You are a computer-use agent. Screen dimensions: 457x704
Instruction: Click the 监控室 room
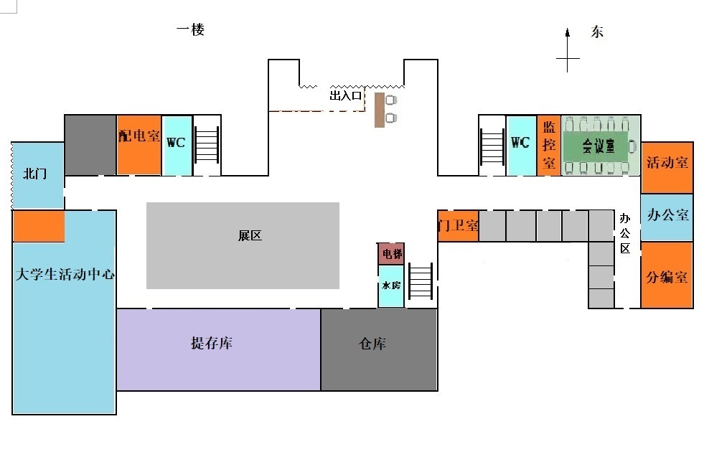[549, 145]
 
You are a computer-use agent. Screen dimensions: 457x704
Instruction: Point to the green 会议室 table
[598, 146]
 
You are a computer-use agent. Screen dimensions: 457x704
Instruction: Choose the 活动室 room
[667, 162]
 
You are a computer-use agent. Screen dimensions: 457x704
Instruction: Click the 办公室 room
[667, 215]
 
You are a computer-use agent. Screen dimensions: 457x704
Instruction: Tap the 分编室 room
[667, 276]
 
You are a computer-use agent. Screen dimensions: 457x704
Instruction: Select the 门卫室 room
[458, 225]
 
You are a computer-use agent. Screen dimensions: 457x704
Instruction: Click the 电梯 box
[392, 254]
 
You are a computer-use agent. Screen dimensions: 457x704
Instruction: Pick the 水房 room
[391, 286]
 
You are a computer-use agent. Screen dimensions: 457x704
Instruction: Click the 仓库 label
[373, 344]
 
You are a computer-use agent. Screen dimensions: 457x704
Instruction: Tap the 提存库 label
[211, 344]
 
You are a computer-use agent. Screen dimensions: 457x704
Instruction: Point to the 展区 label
[250, 236]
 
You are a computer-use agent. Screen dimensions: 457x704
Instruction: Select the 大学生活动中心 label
[65, 274]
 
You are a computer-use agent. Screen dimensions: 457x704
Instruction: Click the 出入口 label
[345, 95]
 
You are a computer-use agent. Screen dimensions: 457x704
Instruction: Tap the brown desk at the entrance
[379, 108]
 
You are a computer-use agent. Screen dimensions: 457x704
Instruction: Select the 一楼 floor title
[191, 30]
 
